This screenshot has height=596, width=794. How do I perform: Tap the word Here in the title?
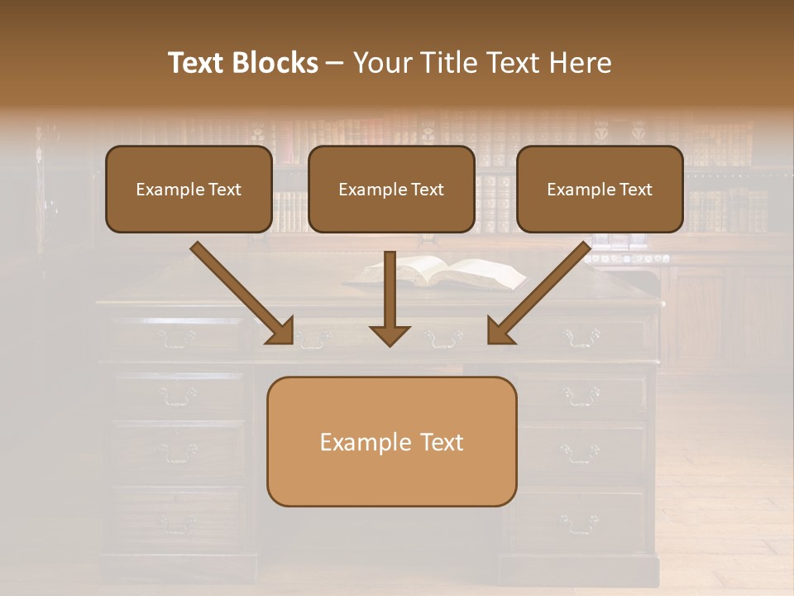pos(581,63)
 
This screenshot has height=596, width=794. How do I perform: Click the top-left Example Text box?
pos(189,189)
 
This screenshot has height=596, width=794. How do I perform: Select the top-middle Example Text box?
pos(391,189)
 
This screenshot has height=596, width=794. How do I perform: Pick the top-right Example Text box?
pos(600,189)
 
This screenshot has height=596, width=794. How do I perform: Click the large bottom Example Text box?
pos(391,441)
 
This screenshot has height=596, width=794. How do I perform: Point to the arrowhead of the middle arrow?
pos(390,334)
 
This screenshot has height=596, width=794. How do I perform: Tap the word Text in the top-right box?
pos(635,190)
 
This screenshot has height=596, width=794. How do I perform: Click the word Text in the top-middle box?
pos(428,190)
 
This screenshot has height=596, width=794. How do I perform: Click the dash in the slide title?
pos(335,63)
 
